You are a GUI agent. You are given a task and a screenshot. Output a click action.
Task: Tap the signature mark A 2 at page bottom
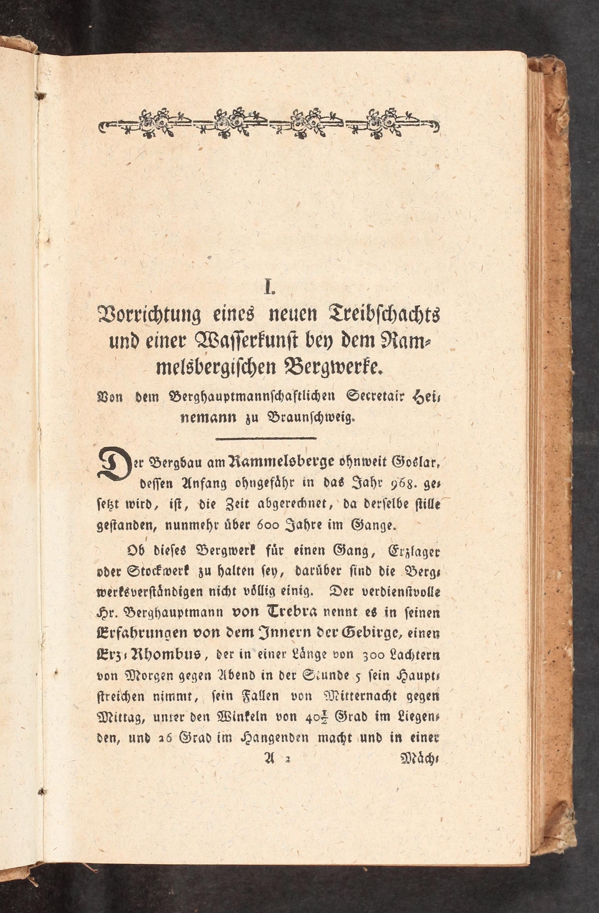click(270, 760)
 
